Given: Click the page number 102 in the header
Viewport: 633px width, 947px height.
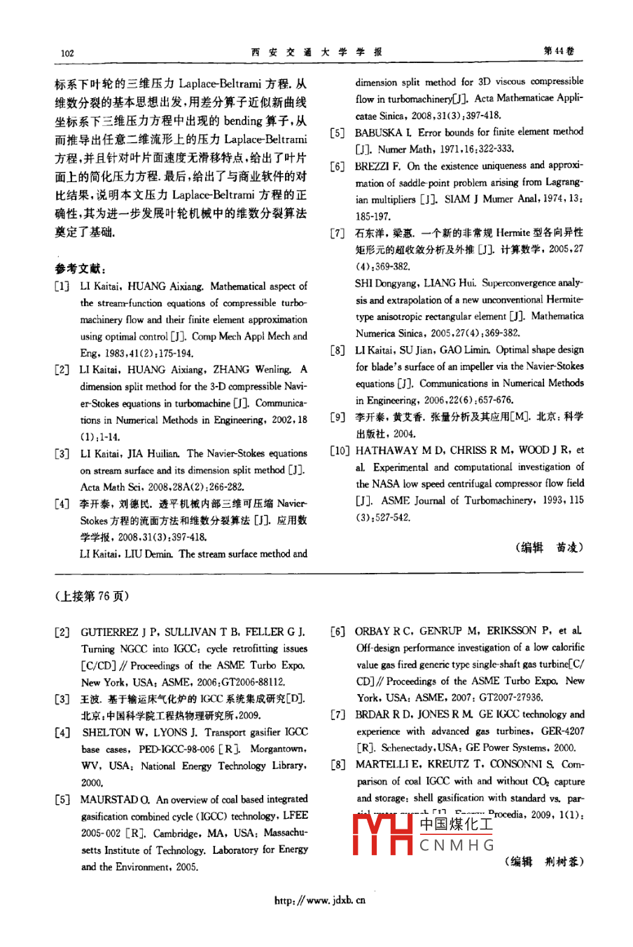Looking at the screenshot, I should point(67,53).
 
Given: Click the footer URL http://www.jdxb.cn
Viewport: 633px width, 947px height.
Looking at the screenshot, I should point(320,900).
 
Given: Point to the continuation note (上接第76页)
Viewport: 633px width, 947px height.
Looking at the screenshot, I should point(92,596).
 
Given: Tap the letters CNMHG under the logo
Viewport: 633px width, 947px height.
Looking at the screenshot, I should point(457,845).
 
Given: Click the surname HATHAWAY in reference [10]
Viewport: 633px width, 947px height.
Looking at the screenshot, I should point(387,450).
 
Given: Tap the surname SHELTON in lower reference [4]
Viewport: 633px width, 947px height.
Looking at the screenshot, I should point(106,733).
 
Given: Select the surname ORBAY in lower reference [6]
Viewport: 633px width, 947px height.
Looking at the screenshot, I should point(374,632).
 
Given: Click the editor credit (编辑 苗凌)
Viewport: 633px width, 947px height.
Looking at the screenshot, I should point(549,548).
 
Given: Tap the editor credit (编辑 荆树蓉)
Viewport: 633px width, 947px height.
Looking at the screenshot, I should point(543,862).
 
